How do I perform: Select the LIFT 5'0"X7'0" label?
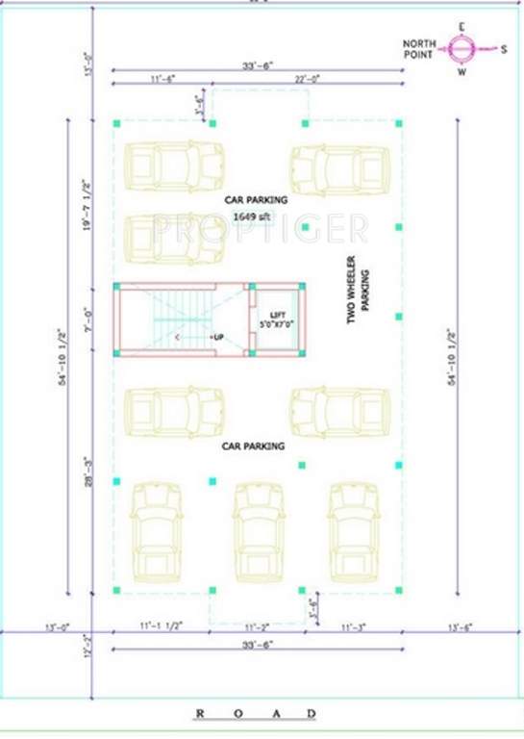pos(278,319)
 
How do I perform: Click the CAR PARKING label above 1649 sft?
pos(256,200)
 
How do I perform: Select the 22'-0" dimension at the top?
pos(306,78)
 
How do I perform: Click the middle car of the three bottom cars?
pos(257,531)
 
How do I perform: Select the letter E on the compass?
pos(462,26)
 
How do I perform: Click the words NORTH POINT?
pos(419,48)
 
